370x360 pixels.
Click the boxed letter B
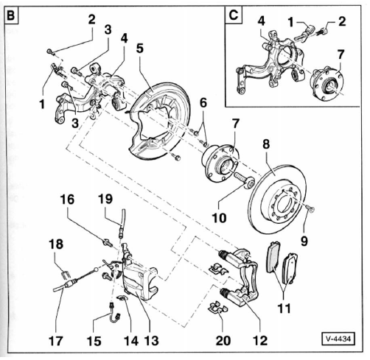[x=11, y=15]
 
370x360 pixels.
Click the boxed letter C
[x=234, y=15]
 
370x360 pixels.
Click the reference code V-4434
[x=339, y=339]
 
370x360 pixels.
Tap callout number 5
[x=139, y=49]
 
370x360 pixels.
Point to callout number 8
[x=266, y=144]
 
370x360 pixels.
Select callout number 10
[x=219, y=218]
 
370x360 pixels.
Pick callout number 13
[x=152, y=340]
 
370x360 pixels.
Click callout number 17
[x=56, y=341]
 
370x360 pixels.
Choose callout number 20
[x=223, y=340]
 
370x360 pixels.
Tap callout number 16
[x=67, y=200]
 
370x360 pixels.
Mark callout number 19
[x=105, y=199]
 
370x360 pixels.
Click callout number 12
[x=260, y=340]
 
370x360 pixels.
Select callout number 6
[x=203, y=103]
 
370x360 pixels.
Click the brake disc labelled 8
[x=279, y=200]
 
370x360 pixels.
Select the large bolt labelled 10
[x=244, y=180]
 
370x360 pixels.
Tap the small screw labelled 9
[x=310, y=208]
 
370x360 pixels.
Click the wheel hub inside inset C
[x=327, y=83]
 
